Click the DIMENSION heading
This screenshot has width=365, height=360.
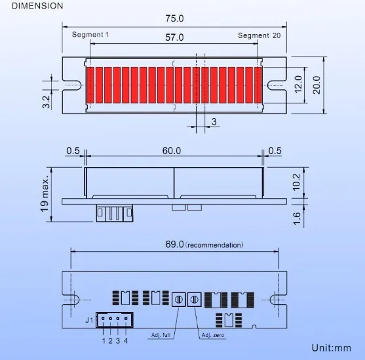pos(38,6)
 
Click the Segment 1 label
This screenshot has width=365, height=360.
pos(91,35)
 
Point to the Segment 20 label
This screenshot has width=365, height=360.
pos(259,35)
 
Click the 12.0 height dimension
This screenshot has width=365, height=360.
pos(298,84)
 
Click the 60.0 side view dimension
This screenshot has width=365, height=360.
pos(172,151)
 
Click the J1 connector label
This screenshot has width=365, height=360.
pos(90,320)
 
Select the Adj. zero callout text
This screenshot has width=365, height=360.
pos(212,335)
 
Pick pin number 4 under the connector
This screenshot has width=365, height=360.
pos(126,340)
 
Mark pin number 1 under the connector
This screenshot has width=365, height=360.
pos(103,340)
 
